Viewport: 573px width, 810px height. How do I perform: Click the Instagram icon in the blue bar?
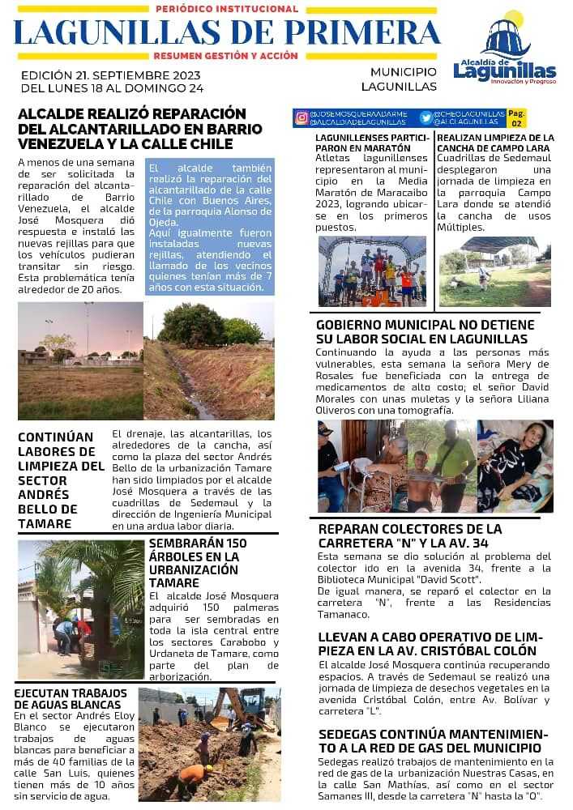(301, 117)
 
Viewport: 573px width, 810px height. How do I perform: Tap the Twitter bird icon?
(425, 117)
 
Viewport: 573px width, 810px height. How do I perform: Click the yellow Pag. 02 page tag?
(517, 118)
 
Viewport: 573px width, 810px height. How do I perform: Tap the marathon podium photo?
(372, 271)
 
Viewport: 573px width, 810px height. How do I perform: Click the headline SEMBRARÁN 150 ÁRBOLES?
(194, 562)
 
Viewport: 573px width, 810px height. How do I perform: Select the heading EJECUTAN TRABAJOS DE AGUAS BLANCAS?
(71, 698)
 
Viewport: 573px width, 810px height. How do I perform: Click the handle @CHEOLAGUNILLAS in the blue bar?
(469, 114)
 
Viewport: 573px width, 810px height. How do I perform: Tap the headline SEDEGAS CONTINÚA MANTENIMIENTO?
(430, 740)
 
